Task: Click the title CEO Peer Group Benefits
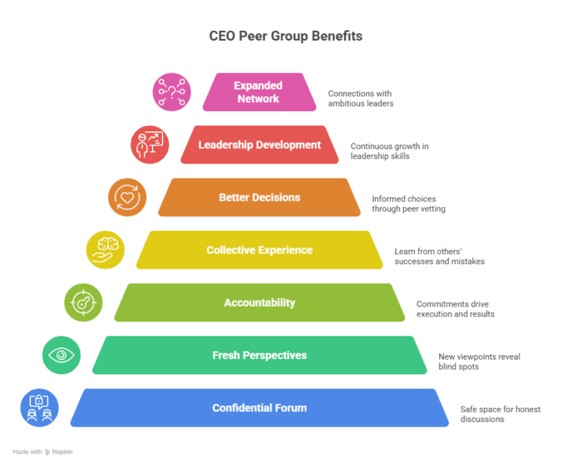point(285,37)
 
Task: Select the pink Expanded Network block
point(259,92)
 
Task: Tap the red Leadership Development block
point(259,145)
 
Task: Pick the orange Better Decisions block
point(259,198)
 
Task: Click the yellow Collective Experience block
point(259,250)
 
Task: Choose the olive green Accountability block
point(259,302)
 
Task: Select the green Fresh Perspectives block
point(259,356)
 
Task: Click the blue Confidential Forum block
point(259,408)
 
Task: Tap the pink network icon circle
point(171,91)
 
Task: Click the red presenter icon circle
point(150,145)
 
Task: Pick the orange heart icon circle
point(127,198)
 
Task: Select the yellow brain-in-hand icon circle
point(106,250)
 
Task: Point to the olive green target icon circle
point(84,302)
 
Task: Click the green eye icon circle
point(62,355)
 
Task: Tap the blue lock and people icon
point(40,408)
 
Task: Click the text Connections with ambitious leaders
point(360,98)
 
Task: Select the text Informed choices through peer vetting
point(408,204)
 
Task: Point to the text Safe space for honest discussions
point(496,414)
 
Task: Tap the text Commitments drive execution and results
point(455,308)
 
